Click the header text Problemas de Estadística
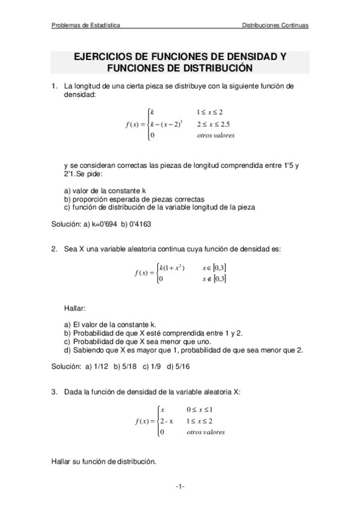pyautogui.click(x=85, y=26)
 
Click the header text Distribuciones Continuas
pyautogui.click(x=275, y=26)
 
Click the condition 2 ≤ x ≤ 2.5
pyautogui.click(x=213, y=124)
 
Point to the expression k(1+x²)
pyautogui.click(x=171, y=268)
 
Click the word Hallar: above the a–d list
pyautogui.click(x=75, y=309)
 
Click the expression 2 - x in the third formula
pyautogui.click(x=166, y=421)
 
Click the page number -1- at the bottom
pyautogui.click(x=180, y=485)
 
